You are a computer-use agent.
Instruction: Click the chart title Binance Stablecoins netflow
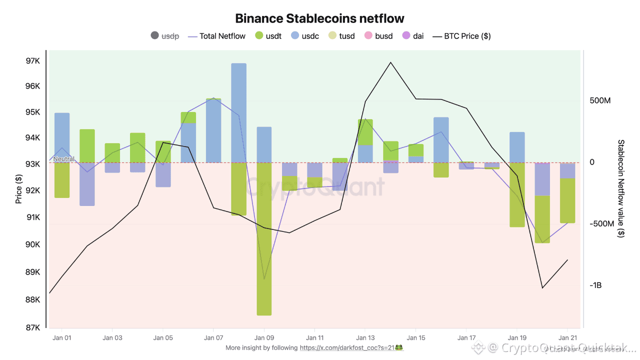[319, 18]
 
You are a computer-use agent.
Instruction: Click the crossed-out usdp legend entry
[165, 36]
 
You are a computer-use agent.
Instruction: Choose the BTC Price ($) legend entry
[461, 36]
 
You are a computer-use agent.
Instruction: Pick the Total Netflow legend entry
[217, 36]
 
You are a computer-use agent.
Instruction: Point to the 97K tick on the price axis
[33, 61]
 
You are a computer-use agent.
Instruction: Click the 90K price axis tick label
[33, 244]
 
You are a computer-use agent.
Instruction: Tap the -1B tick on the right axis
[595, 285]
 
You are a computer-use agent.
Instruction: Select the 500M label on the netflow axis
[600, 101]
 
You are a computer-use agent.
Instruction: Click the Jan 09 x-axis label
[264, 338]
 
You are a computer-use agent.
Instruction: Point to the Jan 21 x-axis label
[567, 338]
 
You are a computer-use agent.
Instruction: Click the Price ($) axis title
[19, 189]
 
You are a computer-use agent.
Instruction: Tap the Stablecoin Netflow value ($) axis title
[621, 189]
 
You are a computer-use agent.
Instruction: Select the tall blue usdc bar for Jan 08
[239, 112]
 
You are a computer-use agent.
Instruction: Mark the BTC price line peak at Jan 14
[390, 62]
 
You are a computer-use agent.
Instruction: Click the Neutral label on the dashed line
[63, 159]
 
